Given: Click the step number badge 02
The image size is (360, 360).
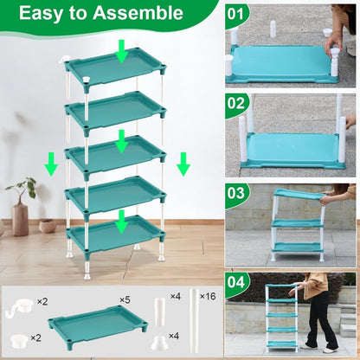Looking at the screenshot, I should [237, 104].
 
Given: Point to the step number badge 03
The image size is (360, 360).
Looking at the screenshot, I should [237, 193].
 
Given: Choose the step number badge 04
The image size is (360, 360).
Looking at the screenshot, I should [237, 282].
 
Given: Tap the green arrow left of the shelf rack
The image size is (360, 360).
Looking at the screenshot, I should [52, 163].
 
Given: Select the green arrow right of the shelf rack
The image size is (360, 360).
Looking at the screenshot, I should [183, 163].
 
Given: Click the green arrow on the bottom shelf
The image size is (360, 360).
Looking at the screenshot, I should [122, 223].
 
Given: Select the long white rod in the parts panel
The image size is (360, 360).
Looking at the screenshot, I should [196, 320].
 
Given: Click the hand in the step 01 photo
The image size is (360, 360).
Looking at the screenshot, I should [334, 39].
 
